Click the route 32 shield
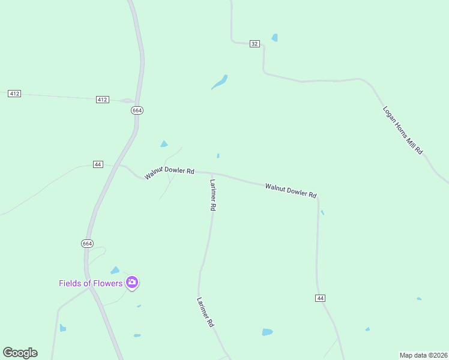[x=255, y=44]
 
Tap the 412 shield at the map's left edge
[x=14, y=94]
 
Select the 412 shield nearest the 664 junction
[x=102, y=99]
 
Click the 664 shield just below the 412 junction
[x=137, y=110]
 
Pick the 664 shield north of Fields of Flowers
[x=87, y=243]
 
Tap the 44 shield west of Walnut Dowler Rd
[x=98, y=164]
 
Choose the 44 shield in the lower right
[x=320, y=298]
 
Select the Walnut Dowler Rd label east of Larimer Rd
[x=291, y=191]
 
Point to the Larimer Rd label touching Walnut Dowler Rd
[x=212, y=194]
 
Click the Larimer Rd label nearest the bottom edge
[x=206, y=312]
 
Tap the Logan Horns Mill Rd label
[x=403, y=130]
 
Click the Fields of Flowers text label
[x=91, y=283]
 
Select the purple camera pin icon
[x=132, y=283]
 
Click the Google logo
[x=20, y=353]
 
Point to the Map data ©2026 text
[x=423, y=355]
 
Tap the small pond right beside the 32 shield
[x=274, y=38]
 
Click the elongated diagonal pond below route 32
[x=220, y=82]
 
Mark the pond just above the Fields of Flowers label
[x=115, y=271]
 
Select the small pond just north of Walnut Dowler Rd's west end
[x=164, y=144]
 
